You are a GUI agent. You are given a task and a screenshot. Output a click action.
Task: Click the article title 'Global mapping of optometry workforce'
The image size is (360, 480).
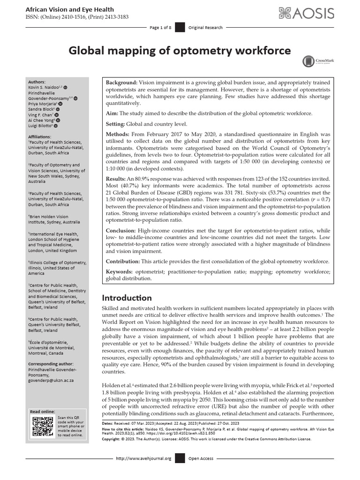180,51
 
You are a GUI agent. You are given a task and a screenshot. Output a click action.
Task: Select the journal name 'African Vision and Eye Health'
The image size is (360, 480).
69,9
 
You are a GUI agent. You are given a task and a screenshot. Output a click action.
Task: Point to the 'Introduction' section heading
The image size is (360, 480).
127,298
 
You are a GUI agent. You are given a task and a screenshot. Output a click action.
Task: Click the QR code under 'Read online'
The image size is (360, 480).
42,426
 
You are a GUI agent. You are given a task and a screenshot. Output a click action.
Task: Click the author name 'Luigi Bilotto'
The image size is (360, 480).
39,126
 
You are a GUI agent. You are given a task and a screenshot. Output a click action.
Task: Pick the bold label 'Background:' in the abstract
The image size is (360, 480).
121,82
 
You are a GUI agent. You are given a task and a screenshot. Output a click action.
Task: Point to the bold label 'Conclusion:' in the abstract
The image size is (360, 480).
121,231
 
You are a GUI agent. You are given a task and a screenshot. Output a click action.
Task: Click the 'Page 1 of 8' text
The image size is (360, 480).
160,28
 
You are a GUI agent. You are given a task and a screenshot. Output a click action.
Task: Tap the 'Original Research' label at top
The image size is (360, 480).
205,28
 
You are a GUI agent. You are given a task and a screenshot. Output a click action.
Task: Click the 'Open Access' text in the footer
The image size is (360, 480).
201,458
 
